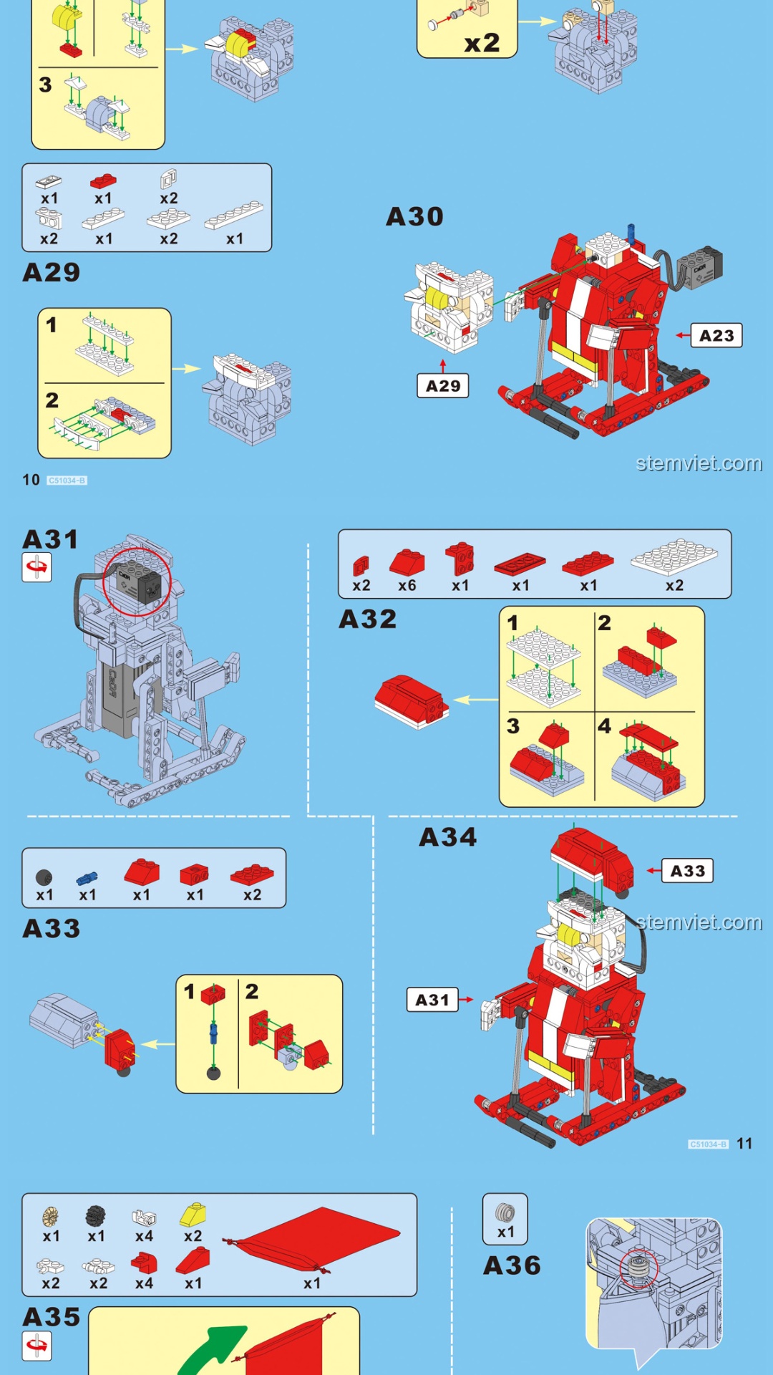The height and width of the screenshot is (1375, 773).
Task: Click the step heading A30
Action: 414,216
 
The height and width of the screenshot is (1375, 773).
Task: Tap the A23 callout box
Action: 716,335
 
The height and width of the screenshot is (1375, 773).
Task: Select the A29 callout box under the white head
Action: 443,385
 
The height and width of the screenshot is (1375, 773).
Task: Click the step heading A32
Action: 367,619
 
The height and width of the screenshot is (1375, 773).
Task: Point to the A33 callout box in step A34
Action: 687,871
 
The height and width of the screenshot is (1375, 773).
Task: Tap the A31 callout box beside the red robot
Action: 432,1000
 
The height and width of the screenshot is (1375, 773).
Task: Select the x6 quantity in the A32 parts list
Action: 407,586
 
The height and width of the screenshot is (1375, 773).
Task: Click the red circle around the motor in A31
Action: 137,582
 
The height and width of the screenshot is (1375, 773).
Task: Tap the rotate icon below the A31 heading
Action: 37,567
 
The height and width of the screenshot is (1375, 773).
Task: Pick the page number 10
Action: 31,480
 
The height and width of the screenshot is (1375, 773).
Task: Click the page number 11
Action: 744,1144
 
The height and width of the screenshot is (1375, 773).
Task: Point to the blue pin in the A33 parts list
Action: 87,877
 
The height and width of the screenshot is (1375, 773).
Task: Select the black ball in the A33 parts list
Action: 44,877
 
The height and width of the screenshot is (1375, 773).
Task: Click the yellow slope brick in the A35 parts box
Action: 193,1214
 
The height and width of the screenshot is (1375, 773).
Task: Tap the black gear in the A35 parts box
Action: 95,1215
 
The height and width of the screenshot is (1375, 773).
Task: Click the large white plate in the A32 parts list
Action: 674,556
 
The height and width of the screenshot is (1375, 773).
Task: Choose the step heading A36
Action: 512,1265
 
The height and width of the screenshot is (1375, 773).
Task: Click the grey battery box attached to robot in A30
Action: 699,270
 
